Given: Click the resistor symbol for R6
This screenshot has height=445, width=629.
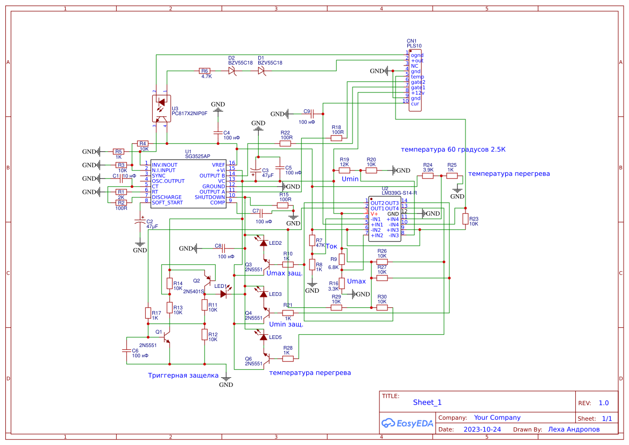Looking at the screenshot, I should click(204, 70).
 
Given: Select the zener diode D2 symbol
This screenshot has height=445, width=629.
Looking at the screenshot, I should click(232, 70).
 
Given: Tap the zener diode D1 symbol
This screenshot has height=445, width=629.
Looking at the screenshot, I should click(262, 70).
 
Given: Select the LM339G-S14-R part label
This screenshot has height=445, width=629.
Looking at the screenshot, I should click(399, 193).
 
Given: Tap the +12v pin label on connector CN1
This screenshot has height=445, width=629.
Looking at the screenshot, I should click(418, 93).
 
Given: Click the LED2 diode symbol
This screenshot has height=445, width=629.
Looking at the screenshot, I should click(263, 243).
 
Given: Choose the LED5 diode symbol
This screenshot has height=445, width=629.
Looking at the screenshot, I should click(263, 337).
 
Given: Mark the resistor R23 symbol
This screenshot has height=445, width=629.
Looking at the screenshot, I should click(465, 218).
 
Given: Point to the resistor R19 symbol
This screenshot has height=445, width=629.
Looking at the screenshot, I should click(344, 170).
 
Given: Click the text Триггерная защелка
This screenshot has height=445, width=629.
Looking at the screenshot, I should click(183, 375).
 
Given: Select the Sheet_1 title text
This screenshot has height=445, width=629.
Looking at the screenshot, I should click(427, 402).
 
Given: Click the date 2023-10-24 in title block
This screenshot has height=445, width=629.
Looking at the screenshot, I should click(482, 429).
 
